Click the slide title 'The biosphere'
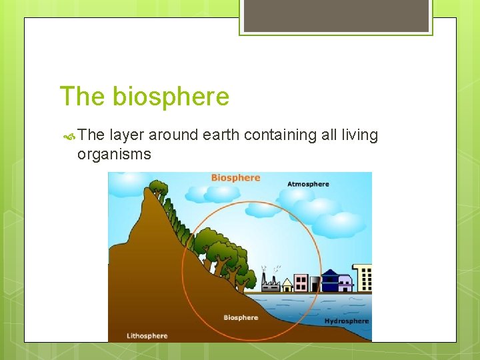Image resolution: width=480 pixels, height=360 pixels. pos(144,97)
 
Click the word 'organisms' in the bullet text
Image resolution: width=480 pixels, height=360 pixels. pos(114,155)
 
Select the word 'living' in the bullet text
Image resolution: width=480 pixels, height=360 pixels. pos(359,135)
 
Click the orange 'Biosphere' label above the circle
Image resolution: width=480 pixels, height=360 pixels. pos(235,178)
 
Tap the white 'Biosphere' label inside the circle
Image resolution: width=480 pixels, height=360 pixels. pos(241,318)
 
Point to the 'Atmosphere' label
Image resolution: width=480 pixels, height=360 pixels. pos(308,184)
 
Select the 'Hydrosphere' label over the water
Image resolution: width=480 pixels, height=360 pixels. pos(346,321)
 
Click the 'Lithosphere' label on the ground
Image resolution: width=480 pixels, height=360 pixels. pos(147,335)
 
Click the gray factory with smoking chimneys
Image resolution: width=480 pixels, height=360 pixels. pos(271,283)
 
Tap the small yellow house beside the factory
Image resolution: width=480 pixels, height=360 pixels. pos(287,285)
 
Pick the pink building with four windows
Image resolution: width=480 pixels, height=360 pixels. pos(301,283)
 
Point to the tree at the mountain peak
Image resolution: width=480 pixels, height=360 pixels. pos(158,187)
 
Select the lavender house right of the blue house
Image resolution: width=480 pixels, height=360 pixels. pos(345,284)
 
